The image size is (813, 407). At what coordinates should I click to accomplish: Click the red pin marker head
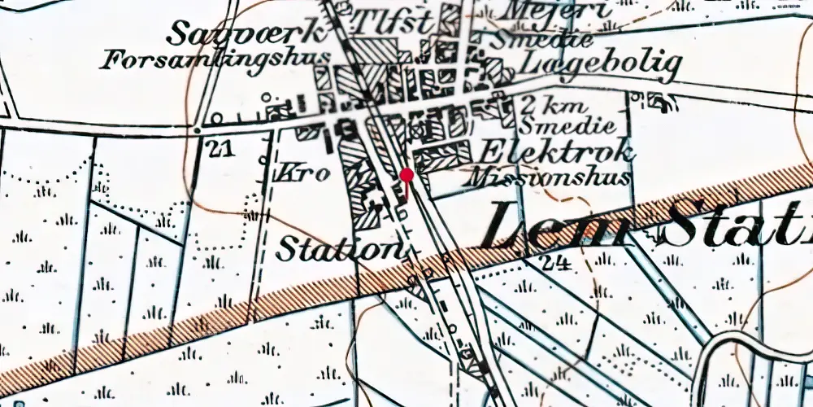pyautogui.click(x=406, y=174)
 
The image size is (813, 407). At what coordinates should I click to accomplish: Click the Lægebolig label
pyautogui.click(x=601, y=63)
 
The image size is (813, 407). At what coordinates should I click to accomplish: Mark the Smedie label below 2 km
pyautogui.click(x=556, y=127)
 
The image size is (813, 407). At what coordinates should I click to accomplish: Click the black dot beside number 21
pyautogui.click(x=197, y=129)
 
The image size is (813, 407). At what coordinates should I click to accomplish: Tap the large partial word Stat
pyautogui.click(x=736, y=225)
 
